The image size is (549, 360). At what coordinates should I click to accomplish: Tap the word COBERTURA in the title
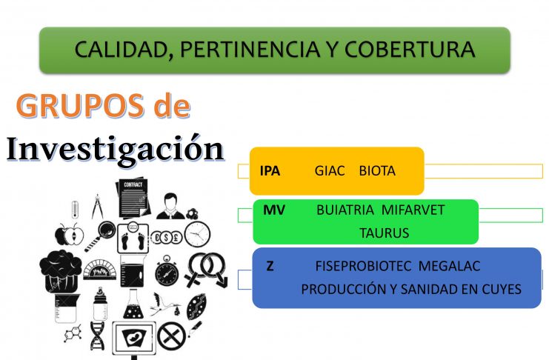410,49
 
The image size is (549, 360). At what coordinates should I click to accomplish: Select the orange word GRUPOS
80,105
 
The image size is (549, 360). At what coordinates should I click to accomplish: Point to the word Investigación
115,148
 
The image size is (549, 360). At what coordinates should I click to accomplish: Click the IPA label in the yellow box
270,171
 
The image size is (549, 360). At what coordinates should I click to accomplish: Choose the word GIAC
330,171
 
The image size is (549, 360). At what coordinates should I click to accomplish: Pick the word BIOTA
377,171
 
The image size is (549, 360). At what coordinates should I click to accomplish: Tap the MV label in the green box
274,210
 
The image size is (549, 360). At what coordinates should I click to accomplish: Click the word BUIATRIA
345,210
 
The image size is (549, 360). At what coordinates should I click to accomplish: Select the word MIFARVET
413,210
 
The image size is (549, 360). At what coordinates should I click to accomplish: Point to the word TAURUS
384,233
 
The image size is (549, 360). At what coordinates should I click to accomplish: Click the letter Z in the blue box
270,266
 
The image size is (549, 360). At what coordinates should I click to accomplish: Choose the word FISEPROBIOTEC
363,266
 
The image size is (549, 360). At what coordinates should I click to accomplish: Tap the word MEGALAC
449,266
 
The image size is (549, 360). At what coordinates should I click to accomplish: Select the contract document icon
133,199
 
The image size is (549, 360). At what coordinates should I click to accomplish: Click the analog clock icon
198,234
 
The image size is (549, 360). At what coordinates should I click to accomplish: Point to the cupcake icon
60,270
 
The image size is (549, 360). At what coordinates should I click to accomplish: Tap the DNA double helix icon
97,336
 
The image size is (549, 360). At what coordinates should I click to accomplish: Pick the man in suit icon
170,206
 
